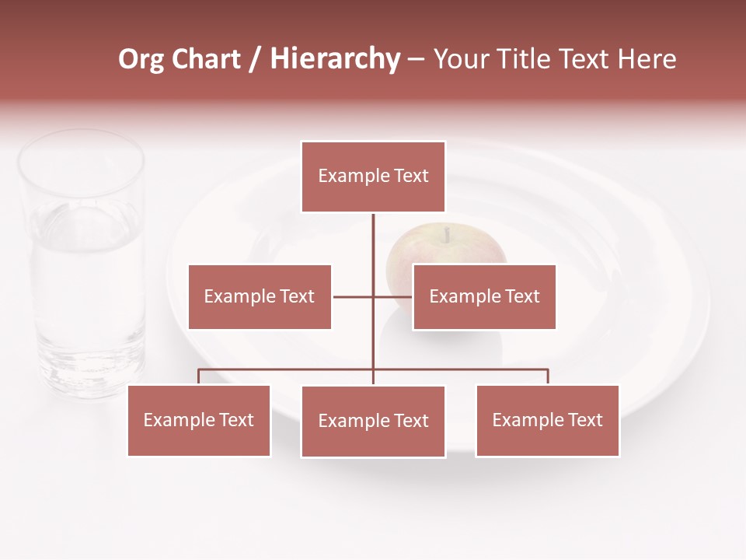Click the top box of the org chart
pos(373,177)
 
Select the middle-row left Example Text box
pos(260,296)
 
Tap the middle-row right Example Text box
pos(484,296)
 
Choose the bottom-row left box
pos(199,420)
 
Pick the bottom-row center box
pos(373,421)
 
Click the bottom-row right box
pos(547,420)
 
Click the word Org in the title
pos(141,59)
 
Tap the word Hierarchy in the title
pos(334,59)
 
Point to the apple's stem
pos(447,233)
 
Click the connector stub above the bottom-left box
pos(199,376)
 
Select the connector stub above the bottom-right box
pos(547,376)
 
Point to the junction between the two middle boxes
pos(373,296)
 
